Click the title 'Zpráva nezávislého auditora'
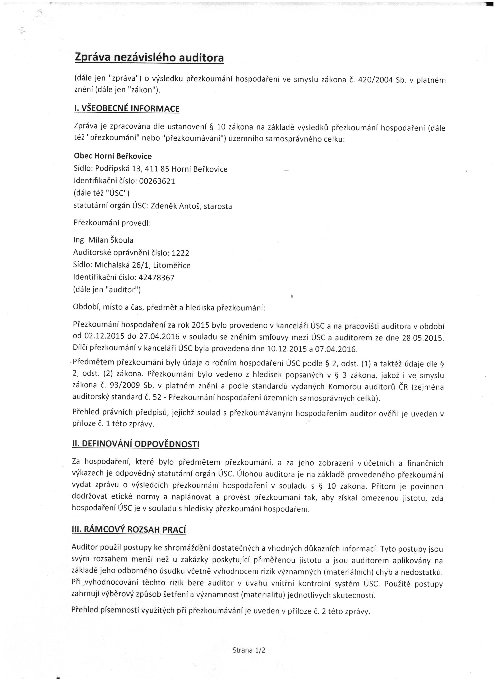(149, 57)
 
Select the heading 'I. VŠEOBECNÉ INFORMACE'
(126, 108)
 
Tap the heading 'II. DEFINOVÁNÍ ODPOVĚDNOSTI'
(136, 444)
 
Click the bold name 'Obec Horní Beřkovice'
(113, 156)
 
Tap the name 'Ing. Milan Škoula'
(103, 240)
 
